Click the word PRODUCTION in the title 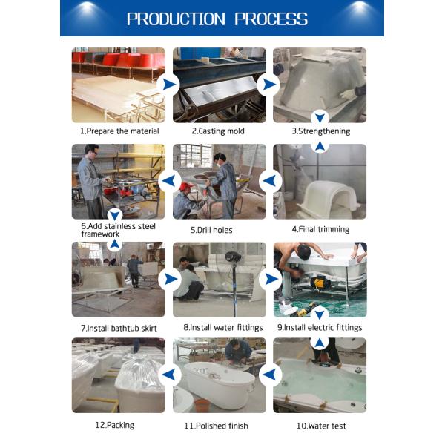tap(177, 19)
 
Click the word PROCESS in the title tap(271, 19)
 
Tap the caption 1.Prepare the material tap(119, 131)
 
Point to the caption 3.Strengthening tap(320, 131)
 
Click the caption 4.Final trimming tap(320, 229)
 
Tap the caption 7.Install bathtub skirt tap(119, 327)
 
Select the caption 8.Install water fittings tap(220, 327)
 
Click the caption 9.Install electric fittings tap(320, 327)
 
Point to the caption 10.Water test tap(321, 426)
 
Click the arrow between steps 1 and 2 tap(169, 84)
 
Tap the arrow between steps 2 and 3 tap(268, 84)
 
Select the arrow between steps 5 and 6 tap(169, 180)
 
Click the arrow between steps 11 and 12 tap(169, 375)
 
